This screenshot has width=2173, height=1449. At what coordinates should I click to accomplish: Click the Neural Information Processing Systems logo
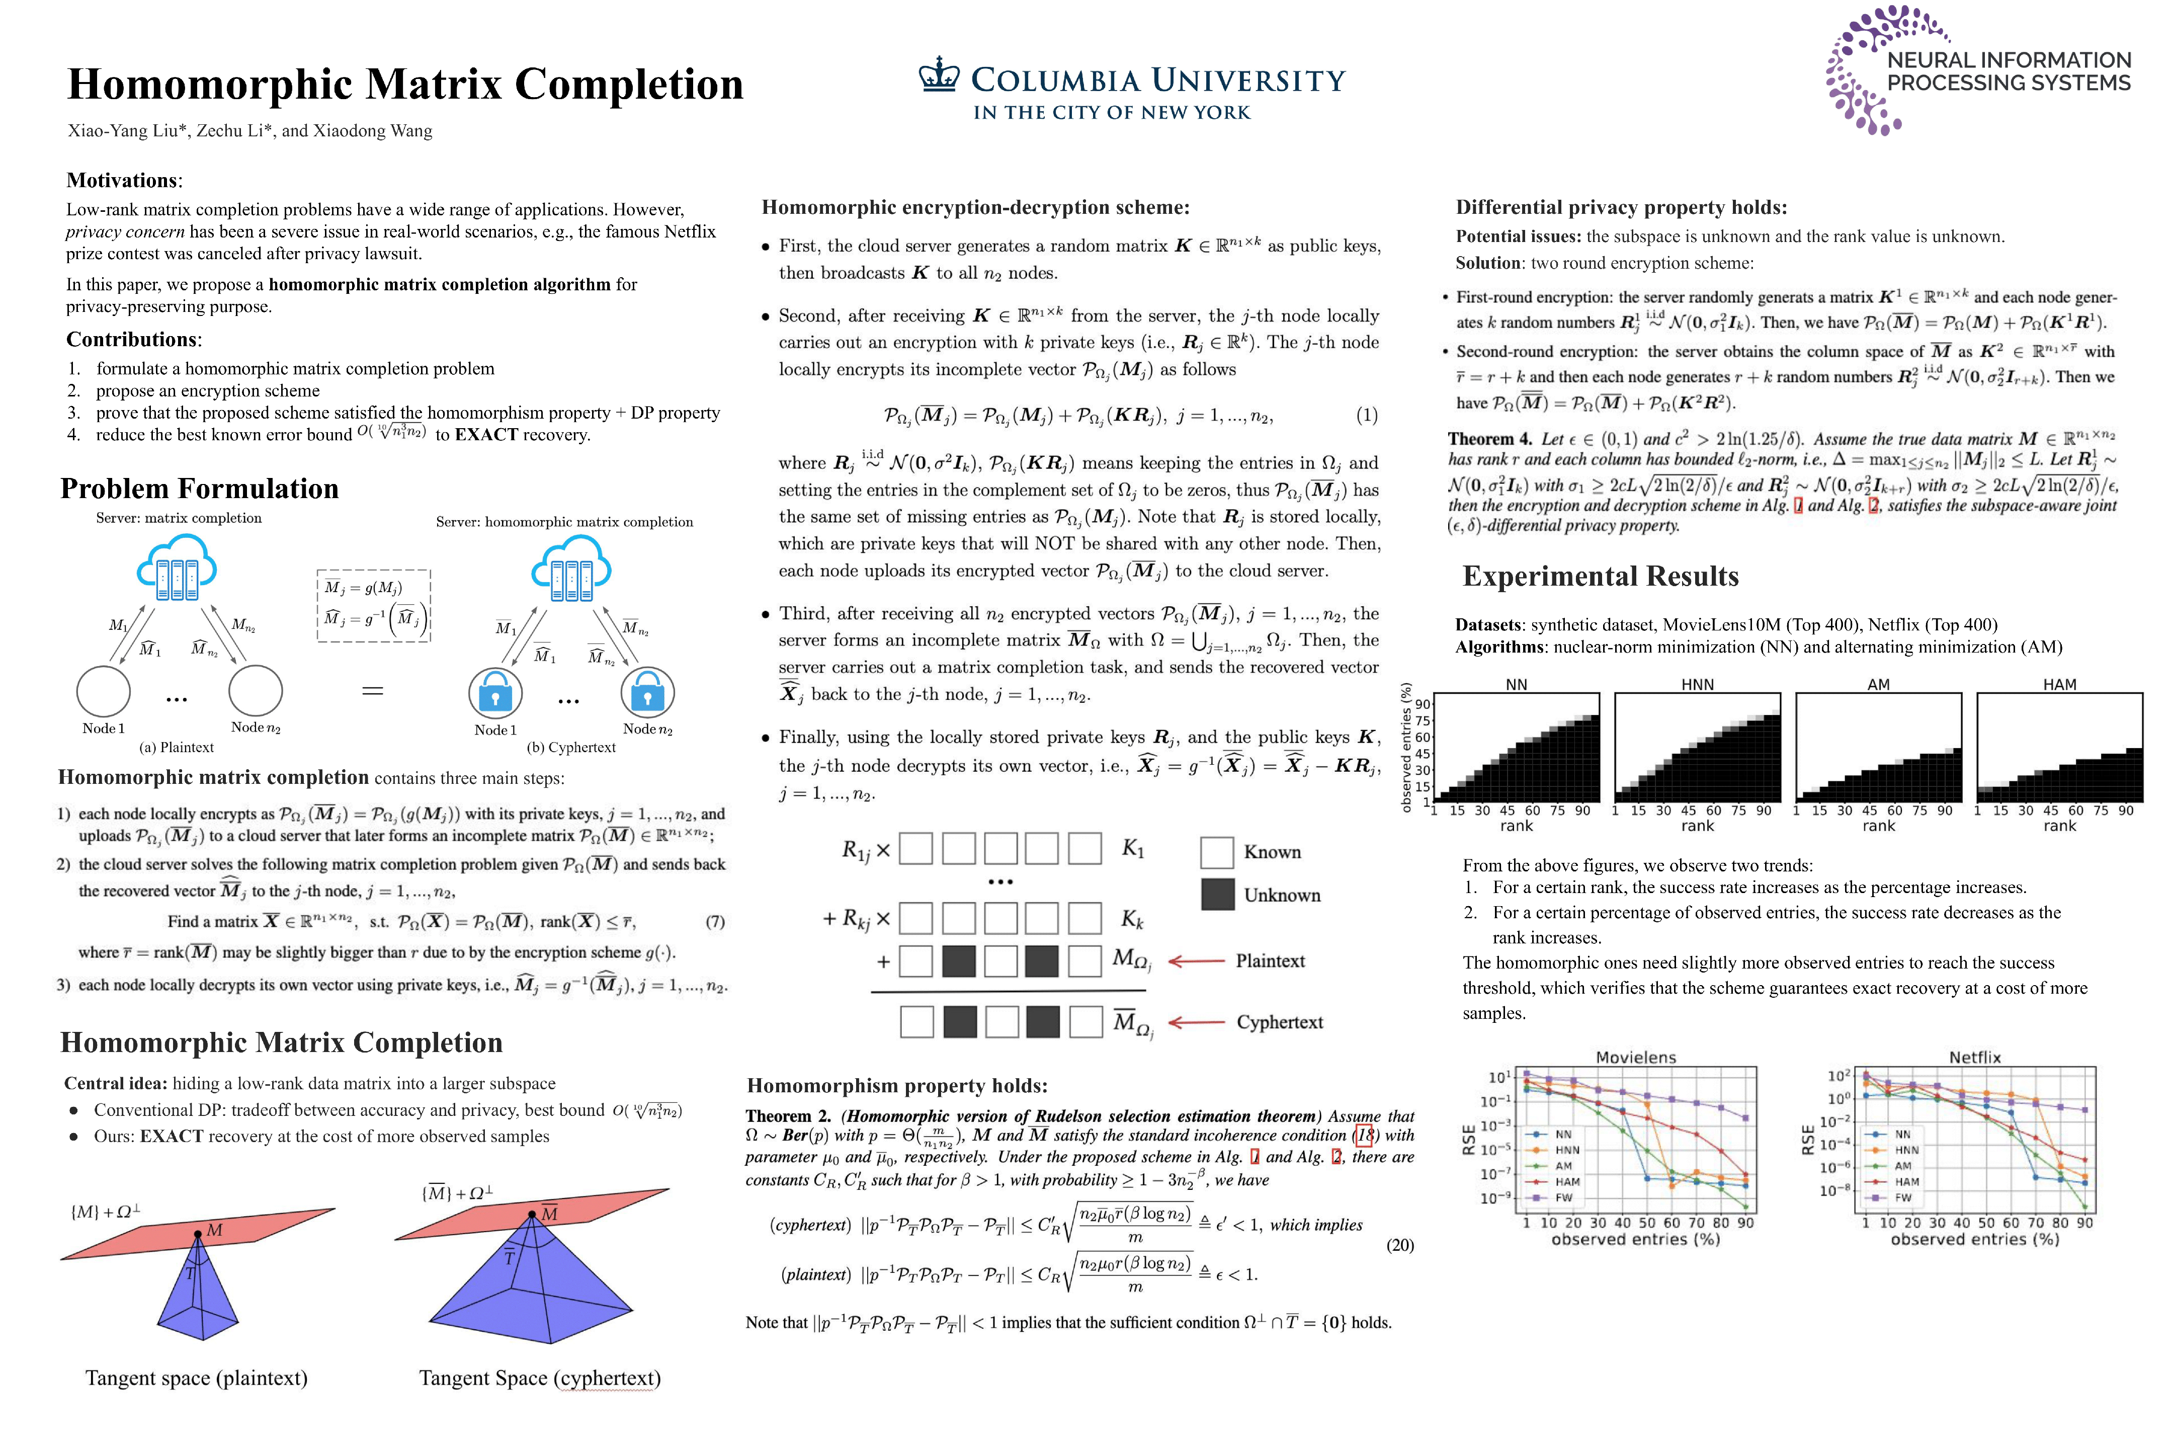(1977, 70)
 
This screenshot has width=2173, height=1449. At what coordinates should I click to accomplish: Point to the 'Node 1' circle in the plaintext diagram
(104, 691)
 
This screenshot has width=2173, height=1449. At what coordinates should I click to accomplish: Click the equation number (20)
(1400, 1245)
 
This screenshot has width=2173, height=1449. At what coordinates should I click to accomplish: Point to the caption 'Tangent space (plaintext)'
(196, 1378)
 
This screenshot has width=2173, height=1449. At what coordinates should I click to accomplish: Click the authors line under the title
(249, 130)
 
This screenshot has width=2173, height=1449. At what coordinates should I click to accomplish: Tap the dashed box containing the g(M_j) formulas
(373, 605)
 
